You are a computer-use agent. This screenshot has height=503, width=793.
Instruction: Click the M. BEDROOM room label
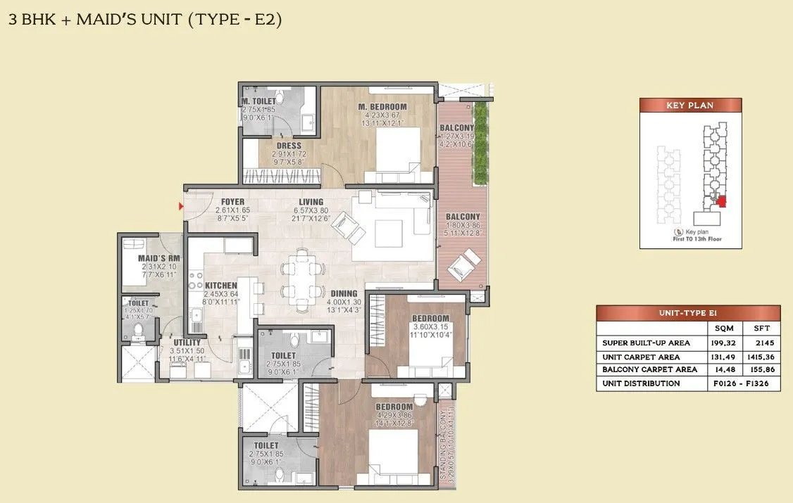click(x=382, y=106)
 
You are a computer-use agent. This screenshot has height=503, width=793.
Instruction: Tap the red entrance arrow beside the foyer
click(x=181, y=206)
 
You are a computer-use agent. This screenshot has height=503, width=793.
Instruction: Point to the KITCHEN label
click(x=221, y=286)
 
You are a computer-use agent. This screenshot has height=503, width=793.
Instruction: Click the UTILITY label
click(x=187, y=343)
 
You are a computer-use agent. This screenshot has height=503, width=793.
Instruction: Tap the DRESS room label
click(x=289, y=146)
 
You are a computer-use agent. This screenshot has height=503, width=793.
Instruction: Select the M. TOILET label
click(x=259, y=101)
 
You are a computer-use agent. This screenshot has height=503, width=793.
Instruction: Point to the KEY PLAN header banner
click(x=689, y=106)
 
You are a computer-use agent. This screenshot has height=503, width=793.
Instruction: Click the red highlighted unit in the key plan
click(x=720, y=201)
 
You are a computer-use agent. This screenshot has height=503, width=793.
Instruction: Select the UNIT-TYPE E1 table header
click(x=687, y=313)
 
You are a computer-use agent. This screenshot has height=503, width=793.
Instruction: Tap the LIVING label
click(x=311, y=202)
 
